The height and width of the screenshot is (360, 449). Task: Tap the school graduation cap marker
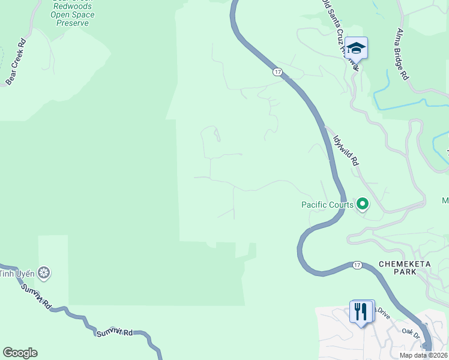click(356, 49)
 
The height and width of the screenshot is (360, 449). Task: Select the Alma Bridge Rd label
click(402, 54)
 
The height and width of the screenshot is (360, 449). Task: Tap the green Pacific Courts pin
click(363, 205)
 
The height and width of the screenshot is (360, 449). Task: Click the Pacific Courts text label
click(327, 205)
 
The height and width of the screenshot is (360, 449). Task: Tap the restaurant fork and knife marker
click(360, 311)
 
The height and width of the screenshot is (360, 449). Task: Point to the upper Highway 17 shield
click(277, 72)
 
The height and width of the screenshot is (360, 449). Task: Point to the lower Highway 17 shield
click(357, 265)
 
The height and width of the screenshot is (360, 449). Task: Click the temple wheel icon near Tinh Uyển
click(44, 274)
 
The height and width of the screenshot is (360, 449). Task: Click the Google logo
click(20, 353)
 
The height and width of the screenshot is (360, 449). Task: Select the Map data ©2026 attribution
click(423, 355)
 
